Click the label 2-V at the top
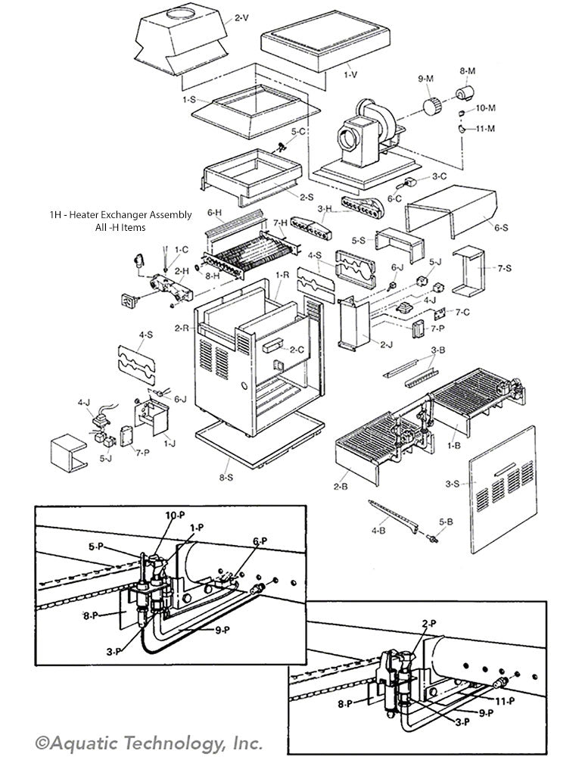pos(241,17)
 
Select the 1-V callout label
pos(350,76)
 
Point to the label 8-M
pos(467,70)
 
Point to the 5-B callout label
pos(446,522)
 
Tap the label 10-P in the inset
pos(175,515)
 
